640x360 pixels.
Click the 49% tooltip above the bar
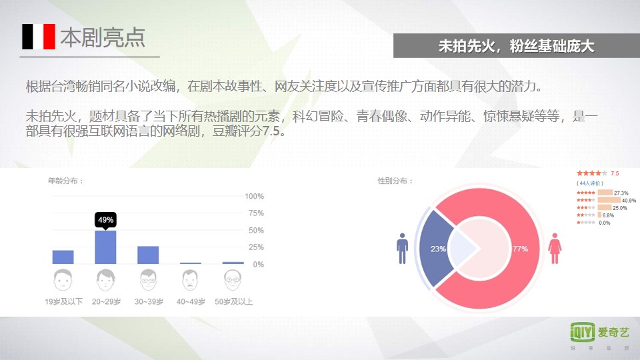(x=105, y=220)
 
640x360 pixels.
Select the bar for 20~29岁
(x=105, y=247)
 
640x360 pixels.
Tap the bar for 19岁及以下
(x=63, y=257)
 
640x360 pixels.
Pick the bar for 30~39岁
(x=148, y=255)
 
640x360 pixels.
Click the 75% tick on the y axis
(x=256, y=213)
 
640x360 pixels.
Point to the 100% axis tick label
(x=254, y=196)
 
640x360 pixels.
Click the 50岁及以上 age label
(x=234, y=301)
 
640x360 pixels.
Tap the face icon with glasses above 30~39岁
(x=148, y=279)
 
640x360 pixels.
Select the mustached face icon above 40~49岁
(x=190, y=279)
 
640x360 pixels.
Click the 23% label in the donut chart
(x=438, y=249)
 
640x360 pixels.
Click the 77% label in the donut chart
(x=520, y=249)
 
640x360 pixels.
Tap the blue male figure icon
(x=402, y=248)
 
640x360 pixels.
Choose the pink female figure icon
(x=555, y=248)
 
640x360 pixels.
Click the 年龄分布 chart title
(x=66, y=181)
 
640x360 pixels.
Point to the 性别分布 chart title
(x=395, y=181)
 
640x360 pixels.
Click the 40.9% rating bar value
(x=629, y=201)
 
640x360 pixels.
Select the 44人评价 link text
(x=590, y=183)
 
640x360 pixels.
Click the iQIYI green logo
(x=583, y=332)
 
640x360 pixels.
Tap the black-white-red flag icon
(x=39, y=37)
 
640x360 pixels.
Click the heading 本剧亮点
(x=103, y=37)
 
